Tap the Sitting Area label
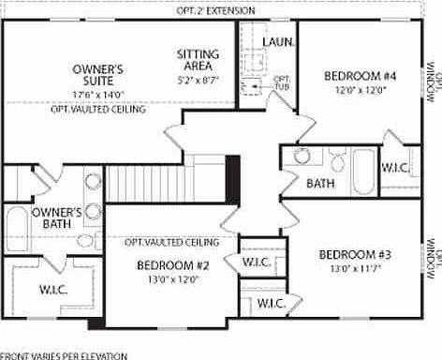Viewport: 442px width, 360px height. (x=199, y=60)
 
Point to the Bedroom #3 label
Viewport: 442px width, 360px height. (x=354, y=254)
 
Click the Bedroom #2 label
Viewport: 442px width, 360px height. (x=172, y=265)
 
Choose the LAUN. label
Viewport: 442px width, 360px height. (x=279, y=42)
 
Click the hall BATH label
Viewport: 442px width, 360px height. (x=320, y=183)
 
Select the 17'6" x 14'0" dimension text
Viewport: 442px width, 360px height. (x=98, y=94)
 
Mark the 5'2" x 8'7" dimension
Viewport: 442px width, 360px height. (x=199, y=82)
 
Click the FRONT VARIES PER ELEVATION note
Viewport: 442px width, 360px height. (x=64, y=355)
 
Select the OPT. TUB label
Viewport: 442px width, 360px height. (x=281, y=83)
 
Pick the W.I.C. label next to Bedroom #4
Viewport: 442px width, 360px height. (x=393, y=167)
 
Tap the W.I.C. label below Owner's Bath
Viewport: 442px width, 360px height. (x=53, y=290)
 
